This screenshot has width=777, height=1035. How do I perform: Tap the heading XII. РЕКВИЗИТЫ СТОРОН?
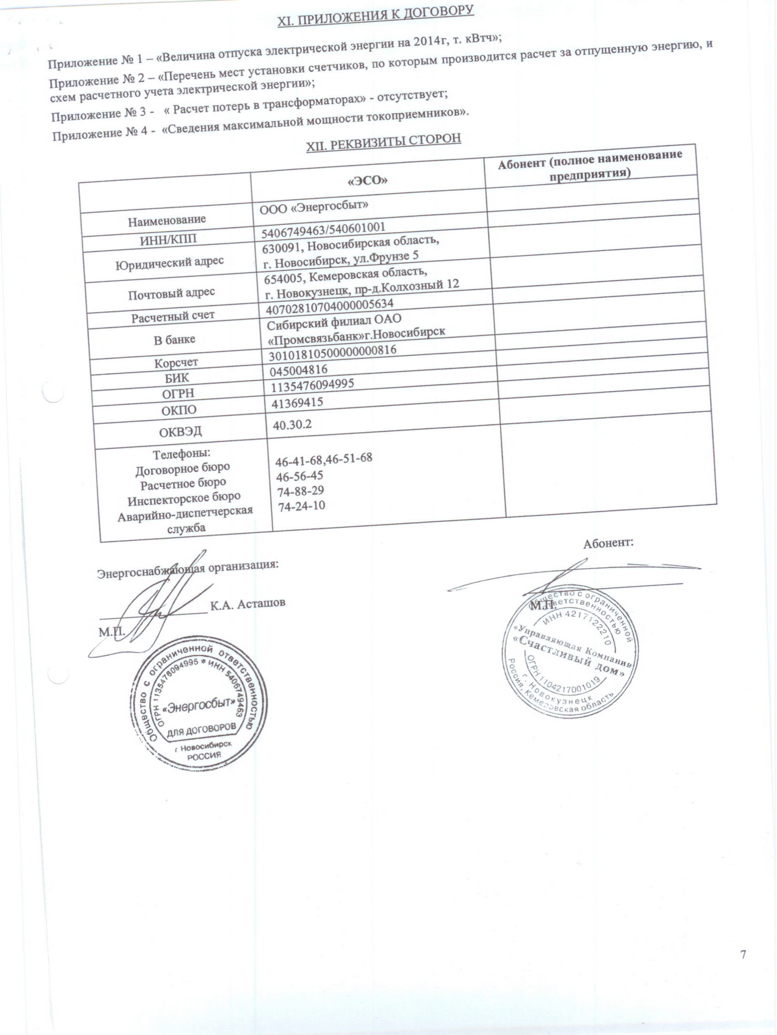(383, 142)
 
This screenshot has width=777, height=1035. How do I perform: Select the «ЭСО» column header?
(368, 181)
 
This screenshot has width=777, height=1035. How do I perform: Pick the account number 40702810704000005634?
(330, 307)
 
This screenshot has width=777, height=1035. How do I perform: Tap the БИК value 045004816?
(298, 370)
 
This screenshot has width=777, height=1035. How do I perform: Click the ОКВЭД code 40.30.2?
(293, 425)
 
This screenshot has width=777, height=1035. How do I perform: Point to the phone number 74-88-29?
(300, 490)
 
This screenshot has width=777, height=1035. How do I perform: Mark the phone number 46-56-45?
(299, 475)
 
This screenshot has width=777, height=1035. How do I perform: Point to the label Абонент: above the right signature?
(608, 543)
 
